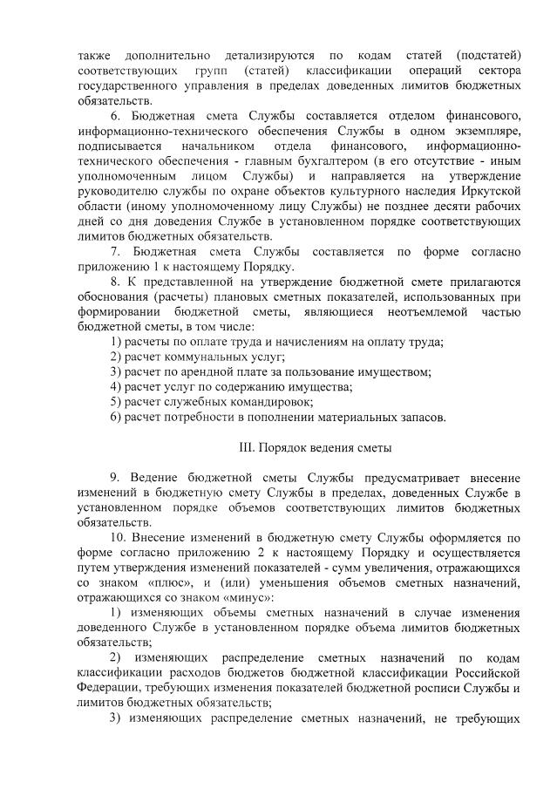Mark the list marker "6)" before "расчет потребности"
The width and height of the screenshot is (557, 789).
tap(115, 417)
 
